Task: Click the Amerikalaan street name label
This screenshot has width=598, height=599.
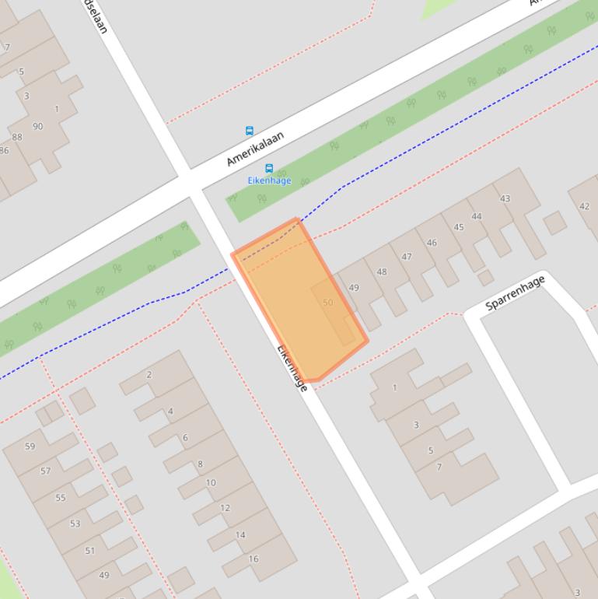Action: click(255, 149)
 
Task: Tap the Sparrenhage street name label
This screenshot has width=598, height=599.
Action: click(515, 292)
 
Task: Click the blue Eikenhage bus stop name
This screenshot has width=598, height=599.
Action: click(269, 180)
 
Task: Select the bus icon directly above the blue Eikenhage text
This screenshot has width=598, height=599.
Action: click(269, 168)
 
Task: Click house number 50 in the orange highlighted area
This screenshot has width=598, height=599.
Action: click(327, 303)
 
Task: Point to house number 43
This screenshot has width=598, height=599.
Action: click(505, 198)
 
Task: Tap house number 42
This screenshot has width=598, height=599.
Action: click(584, 206)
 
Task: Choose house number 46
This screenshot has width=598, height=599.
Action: click(432, 243)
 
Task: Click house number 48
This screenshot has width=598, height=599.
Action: click(381, 272)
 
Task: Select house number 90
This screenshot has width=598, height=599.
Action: click(37, 126)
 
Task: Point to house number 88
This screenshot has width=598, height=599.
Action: click(17, 137)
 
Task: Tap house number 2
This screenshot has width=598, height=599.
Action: click(149, 374)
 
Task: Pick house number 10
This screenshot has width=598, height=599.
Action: click(210, 482)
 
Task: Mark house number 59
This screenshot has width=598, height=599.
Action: click(30, 447)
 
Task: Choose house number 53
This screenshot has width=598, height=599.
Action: click(75, 524)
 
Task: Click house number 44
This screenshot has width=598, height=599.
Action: click(476, 217)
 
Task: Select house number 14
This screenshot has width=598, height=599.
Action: click(240, 534)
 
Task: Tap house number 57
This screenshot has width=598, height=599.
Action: click(45, 471)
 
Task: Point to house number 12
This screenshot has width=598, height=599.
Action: click(225, 508)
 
